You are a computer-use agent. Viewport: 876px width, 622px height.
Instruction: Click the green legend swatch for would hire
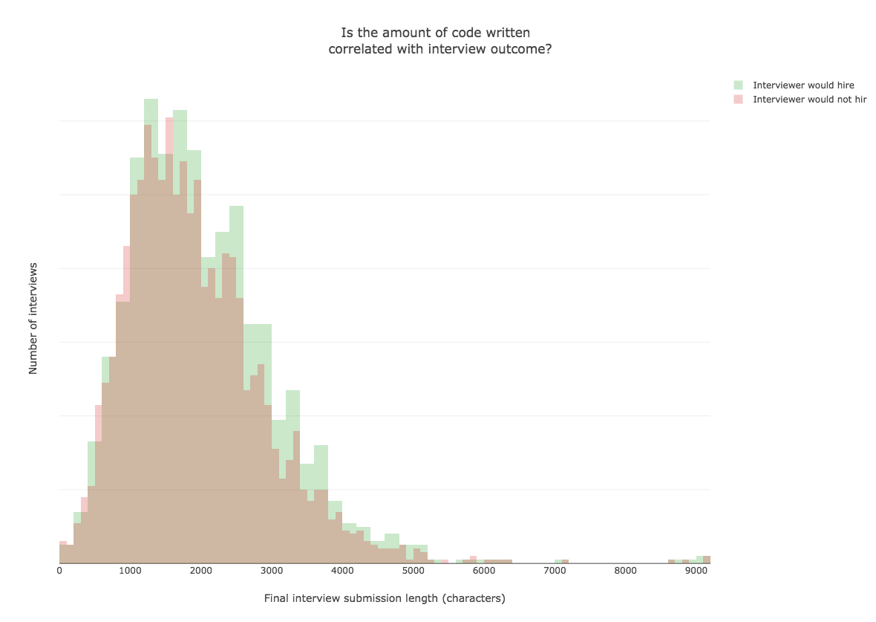coord(738,85)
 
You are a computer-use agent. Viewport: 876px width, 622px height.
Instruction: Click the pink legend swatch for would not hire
coord(738,99)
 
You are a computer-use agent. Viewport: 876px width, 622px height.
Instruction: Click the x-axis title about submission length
coord(385,598)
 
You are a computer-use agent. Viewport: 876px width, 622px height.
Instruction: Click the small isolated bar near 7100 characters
coord(565,561)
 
